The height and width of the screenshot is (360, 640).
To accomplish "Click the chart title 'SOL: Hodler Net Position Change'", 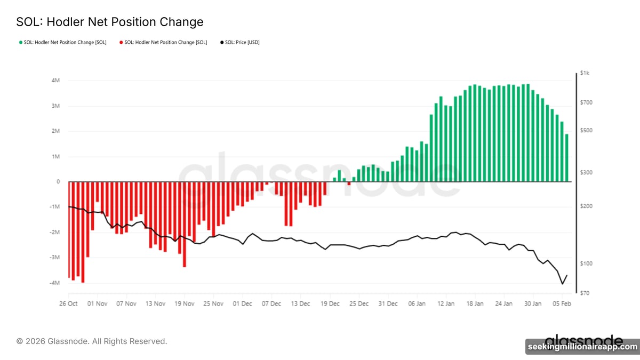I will [110, 22].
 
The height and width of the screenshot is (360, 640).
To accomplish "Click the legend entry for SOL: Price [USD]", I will [239, 42].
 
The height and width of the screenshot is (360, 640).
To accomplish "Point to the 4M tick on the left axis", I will [55, 81].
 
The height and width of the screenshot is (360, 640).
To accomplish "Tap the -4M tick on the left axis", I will [55, 283].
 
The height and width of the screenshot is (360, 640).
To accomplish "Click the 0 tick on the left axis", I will [58, 182].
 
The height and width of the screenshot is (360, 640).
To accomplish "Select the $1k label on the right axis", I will [585, 73].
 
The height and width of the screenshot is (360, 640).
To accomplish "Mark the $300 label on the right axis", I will [586, 173].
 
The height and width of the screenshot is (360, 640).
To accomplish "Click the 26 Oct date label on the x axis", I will [68, 303].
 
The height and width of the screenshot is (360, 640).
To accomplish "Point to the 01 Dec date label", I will [243, 303].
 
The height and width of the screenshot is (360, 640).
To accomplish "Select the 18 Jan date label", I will [475, 303].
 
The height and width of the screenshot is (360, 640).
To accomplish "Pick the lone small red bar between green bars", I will [349, 183].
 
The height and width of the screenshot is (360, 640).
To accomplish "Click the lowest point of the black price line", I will [562, 284].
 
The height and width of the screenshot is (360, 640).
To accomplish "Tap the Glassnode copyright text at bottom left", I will [91, 341].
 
